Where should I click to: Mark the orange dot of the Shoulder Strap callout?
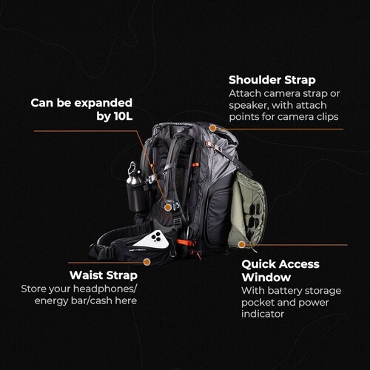coord(212,129)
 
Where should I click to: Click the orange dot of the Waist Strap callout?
coord(147,261)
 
